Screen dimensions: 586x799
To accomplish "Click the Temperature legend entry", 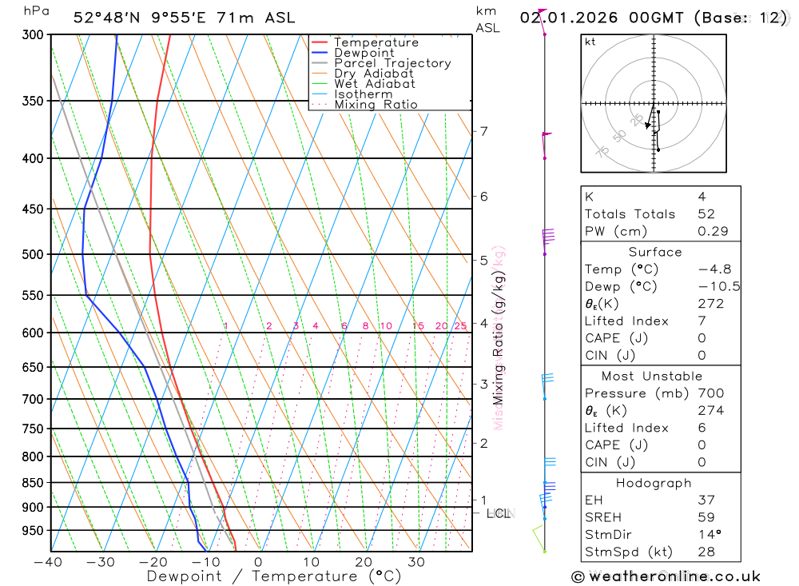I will click(376, 42).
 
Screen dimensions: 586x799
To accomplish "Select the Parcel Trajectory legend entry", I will click(392, 63).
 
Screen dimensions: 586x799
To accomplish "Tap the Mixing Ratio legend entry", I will click(376, 105).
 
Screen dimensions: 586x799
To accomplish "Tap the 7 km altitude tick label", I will click(483, 131).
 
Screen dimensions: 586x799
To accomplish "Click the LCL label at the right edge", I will click(498, 513).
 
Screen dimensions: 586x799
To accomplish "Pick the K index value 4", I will click(702, 197).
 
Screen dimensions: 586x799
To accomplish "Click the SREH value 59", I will click(706, 517).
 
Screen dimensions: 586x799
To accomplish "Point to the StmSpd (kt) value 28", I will click(706, 552).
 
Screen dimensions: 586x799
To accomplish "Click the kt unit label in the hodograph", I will click(590, 42).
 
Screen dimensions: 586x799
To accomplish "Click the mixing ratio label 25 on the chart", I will click(460, 326).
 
